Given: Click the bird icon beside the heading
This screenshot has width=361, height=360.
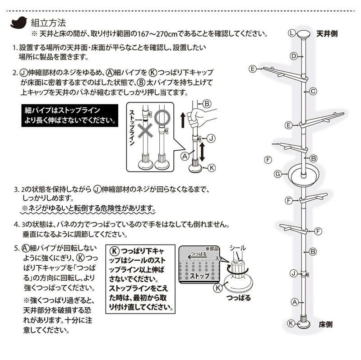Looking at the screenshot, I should click(x=19, y=22).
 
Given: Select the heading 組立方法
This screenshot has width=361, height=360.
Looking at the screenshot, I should click(x=48, y=22).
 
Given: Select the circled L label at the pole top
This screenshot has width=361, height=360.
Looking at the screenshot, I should click(x=292, y=33).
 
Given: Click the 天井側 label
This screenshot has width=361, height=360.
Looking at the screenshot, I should click(x=327, y=33).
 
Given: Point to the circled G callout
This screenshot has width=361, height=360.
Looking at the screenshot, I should click(x=278, y=174).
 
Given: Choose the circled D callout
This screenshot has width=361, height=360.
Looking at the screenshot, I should click(x=293, y=56).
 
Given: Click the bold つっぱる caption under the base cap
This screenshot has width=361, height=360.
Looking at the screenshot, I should click(x=240, y=298).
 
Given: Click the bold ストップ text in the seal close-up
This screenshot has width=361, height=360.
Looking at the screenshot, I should click(x=199, y=275).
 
